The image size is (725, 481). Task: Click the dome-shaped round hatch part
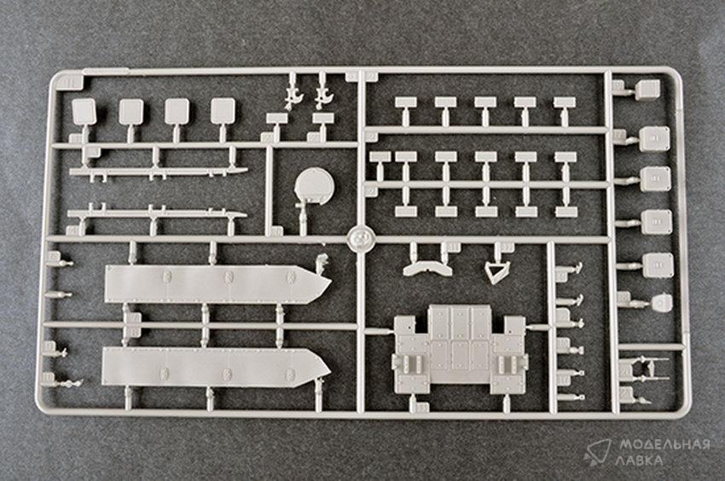[314, 187]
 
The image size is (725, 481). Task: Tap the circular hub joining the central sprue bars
[361, 239]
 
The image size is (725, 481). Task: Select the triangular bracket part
[496, 272]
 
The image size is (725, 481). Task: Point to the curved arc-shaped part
[427, 269]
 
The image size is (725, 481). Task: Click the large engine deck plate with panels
[460, 349]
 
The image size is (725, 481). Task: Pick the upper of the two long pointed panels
[217, 283]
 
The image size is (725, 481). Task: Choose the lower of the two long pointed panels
[216, 368]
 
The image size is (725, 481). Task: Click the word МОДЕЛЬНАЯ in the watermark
[664, 445]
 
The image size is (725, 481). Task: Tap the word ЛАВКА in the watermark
[639, 461]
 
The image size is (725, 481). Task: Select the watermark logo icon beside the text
[597, 451]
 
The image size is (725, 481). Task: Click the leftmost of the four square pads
[84, 112]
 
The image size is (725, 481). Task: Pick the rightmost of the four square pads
[223, 112]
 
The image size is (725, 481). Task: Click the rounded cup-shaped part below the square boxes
[661, 303]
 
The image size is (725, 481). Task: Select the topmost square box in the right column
[648, 90]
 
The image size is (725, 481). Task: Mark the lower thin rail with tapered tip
[157, 214]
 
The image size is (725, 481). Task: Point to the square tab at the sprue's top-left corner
[70, 83]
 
